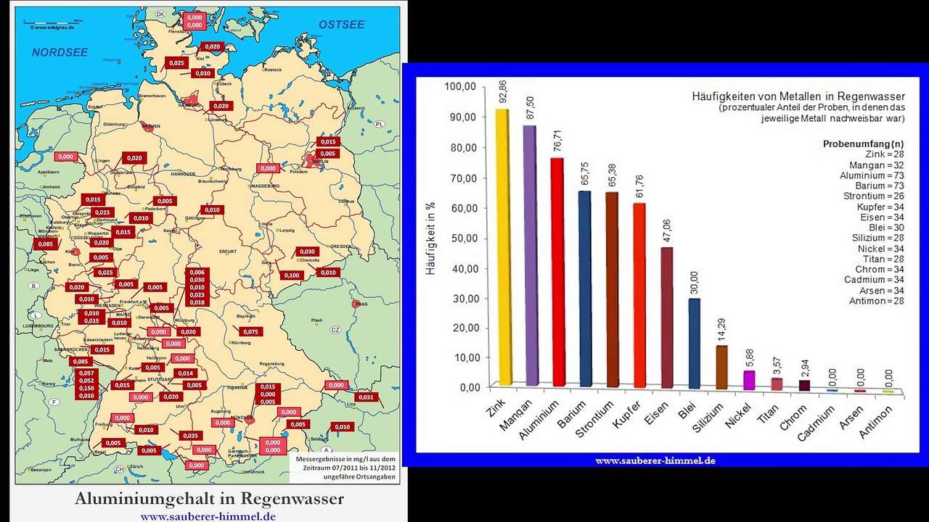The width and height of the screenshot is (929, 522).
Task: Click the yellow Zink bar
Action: point(502,246)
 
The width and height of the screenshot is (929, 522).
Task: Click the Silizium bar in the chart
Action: point(721,367)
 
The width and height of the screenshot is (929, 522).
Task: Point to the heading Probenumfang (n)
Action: point(863,144)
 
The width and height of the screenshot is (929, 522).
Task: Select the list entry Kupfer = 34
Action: point(880,207)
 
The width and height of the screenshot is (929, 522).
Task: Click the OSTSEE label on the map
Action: point(341,25)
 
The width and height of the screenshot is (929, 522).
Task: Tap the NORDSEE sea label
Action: point(60,52)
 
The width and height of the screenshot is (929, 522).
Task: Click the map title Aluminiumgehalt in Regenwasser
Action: point(209,500)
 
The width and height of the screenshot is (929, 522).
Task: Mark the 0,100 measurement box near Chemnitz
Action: point(291,275)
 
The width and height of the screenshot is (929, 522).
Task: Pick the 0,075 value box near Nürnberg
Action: point(250,331)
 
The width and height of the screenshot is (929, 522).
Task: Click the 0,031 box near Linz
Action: point(367,397)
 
